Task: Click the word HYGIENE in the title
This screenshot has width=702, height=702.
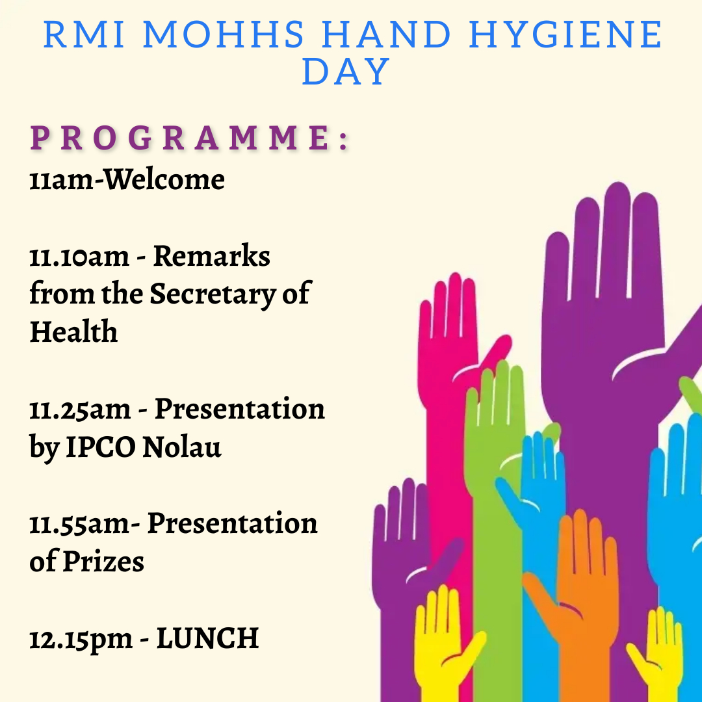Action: pos(565,34)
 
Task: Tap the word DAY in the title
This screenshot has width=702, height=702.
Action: pos(346,71)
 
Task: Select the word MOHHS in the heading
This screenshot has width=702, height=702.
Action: pos(224,34)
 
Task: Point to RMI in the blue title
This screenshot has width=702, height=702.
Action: pos(84,34)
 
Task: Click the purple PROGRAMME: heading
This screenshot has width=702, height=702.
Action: pos(189,138)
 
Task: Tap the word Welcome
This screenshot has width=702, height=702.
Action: pos(164,179)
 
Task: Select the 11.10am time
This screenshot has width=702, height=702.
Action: pos(79,257)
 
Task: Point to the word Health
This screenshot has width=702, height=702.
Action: pos(73,331)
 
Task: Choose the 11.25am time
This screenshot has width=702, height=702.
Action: pos(80,409)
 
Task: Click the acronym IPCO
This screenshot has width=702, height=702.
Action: pos(101,447)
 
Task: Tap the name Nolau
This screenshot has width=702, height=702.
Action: pos(182,447)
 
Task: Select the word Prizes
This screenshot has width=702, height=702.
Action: pos(103,562)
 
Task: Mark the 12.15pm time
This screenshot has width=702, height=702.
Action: pos(81,640)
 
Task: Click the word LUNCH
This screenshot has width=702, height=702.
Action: pos(208,638)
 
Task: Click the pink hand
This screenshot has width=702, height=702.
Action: pos(448,403)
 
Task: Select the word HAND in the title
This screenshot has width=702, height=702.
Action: pos(386,34)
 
